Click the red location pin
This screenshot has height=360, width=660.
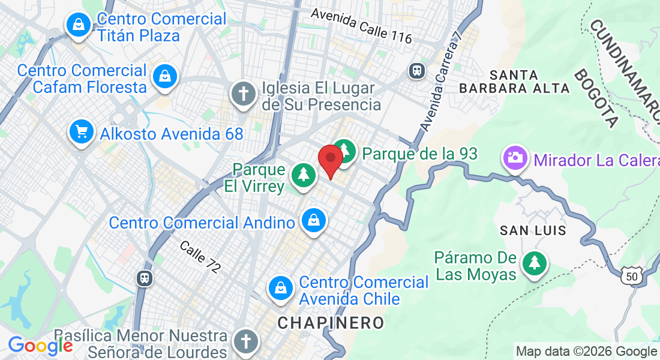(x=330, y=160)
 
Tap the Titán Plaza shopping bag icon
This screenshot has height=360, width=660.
(x=79, y=25)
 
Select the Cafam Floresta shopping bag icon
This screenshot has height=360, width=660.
(x=164, y=77)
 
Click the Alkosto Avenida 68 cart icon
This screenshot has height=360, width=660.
(x=80, y=131)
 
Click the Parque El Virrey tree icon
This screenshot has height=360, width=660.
(x=304, y=176)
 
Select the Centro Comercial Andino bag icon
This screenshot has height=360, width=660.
(x=314, y=221)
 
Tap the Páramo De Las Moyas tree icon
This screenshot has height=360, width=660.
(x=533, y=263)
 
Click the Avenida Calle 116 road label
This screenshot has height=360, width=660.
(x=361, y=26)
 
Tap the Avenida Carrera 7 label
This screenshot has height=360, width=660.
(x=443, y=82)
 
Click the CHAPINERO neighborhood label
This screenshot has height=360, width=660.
(x=331, y=323)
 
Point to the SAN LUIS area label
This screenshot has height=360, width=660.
(x=533, y=230)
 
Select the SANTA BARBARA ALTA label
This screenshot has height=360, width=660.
(x=514, y=82)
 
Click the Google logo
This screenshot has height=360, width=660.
(x=40, y=346)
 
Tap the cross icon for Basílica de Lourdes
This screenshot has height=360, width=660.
(x=246, y=341)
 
